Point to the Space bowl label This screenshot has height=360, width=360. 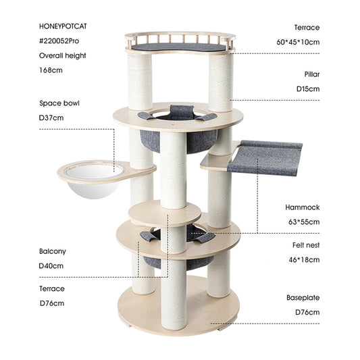tap(60, 103)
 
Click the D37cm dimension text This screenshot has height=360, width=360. tap(51, 118)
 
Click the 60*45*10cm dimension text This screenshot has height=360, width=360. tap(297, 42)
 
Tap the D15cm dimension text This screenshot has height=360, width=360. tap(307, 88)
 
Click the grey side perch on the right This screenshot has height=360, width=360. tap(265, 157)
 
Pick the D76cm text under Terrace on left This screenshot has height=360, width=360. tap(51, 303)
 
